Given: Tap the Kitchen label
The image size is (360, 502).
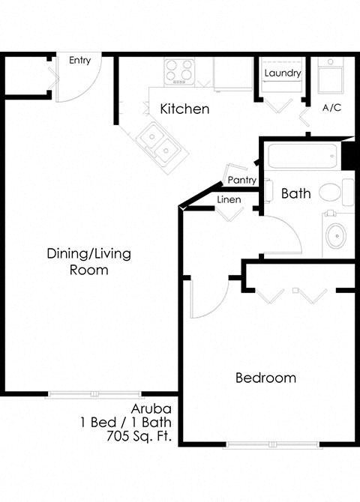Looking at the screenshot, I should coord(184,109).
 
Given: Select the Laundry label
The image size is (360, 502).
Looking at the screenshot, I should coord(283,73).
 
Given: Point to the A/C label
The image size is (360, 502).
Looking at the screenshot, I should coord(331,108).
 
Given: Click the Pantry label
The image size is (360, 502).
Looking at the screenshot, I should coord(242,181).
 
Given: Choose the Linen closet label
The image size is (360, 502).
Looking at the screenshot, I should coord(229,200).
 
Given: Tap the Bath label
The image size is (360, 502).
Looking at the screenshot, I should coord(295,193).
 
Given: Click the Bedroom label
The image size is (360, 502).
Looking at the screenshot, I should coord(265,378).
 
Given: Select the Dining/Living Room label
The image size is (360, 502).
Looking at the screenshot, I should coord(88,261).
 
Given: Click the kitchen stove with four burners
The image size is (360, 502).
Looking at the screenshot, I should coord(180,72).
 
